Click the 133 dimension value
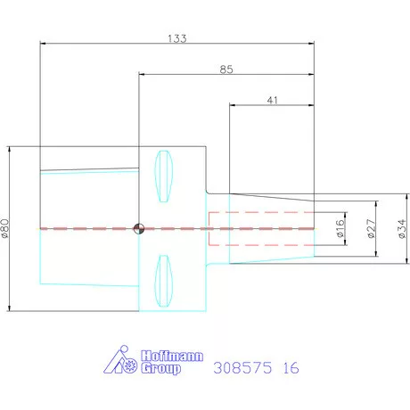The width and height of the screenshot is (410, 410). [x=177, y=38]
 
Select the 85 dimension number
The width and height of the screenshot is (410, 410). [x=226, y=70]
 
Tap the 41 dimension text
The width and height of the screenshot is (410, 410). [x=273, y=100]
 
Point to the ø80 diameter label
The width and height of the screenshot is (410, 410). [x=5, y=228]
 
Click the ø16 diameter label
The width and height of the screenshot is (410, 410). [x=340, y=228]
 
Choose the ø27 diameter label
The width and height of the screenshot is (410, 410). [x=372, y=228]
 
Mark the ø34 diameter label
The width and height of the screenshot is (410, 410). [x=402, y=228]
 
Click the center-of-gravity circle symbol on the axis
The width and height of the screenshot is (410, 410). [x=139, y=229]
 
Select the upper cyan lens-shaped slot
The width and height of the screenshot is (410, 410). [x=163, y=176]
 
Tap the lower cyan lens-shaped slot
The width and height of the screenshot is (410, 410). [x=163, y=281]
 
